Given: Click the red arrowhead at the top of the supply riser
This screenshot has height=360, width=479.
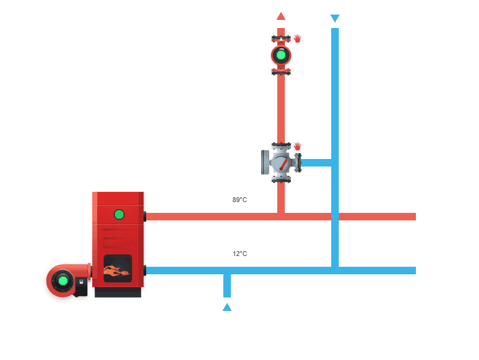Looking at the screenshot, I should pyautogui.click(x=280, y=16).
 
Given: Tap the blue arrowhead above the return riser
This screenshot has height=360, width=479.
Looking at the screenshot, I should pyautogui.click(x=334, y=19).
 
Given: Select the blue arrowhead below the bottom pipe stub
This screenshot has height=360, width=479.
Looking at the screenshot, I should pyautogui.click(x=227, y=307).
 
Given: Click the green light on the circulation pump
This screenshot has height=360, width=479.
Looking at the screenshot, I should pyautogui.click(x=280, y=54).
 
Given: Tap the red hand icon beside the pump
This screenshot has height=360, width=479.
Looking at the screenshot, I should pyautogui.click(x=297, y=39).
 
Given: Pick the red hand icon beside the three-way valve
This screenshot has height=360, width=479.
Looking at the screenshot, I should pyautogui.click(x=297, y=147).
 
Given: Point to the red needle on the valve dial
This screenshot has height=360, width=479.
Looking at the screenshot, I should pyautogui.click(x=283, y=163).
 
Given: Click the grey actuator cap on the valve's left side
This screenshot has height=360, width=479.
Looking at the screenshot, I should pyautogui.click(x=264, y=162).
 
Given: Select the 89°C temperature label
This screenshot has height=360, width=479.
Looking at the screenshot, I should pyautogui.click(x=239, y=200).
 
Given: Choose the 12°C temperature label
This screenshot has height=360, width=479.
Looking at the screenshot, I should pyautogui.click(x=239, y=254).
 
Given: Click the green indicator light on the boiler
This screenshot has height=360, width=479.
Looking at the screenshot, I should pyautogui.click(x=119, y=214).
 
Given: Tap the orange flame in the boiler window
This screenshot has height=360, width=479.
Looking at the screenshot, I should pyautogui.click(x=116, y=272).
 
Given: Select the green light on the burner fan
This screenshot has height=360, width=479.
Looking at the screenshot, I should pyautogui.click(x=63, y=280).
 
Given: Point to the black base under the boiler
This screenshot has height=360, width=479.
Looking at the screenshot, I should pyautogui.click(x=118, y=292).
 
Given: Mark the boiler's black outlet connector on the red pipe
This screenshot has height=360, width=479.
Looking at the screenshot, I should pyautogui.click(x=145, y=217).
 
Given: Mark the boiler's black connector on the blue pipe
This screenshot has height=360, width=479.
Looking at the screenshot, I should pyautogui.click(x=145, y=270).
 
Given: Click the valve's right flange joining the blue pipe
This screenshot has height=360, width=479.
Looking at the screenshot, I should pyautogui.click(x=298, y=162).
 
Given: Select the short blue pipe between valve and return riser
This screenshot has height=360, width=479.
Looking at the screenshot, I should pyautogui.click(x=316, y=162).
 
